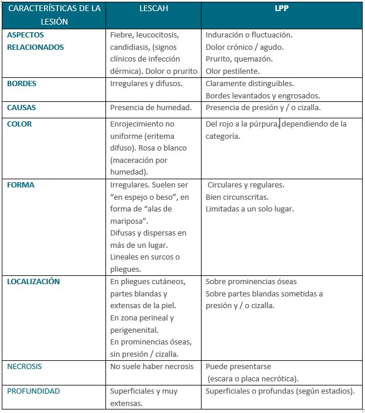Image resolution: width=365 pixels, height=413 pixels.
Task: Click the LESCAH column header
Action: click(153, 9)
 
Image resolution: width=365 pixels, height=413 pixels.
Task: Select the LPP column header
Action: click(281, 9)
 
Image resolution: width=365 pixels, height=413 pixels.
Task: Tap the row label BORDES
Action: click(22, 84)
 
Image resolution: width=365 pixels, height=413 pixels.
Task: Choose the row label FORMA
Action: click(21, 185)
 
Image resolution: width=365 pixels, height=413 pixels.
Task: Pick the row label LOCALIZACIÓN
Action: click(33, 282)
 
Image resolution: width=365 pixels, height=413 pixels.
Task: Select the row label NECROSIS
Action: click(25, 367)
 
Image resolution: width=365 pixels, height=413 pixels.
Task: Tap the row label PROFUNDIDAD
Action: click(33, 391)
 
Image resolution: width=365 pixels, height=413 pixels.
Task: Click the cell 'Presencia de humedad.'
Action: click(151, 108)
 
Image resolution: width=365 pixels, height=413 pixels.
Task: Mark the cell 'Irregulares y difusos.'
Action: click(146, 84)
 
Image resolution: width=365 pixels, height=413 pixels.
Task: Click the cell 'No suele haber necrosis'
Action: click(152, 367)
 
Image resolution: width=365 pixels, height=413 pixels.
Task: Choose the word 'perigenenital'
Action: click(134, 330)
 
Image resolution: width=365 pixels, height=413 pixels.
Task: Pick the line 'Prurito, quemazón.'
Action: click(239, 59)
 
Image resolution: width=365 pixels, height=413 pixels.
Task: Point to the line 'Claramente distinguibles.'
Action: click(250, 84)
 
